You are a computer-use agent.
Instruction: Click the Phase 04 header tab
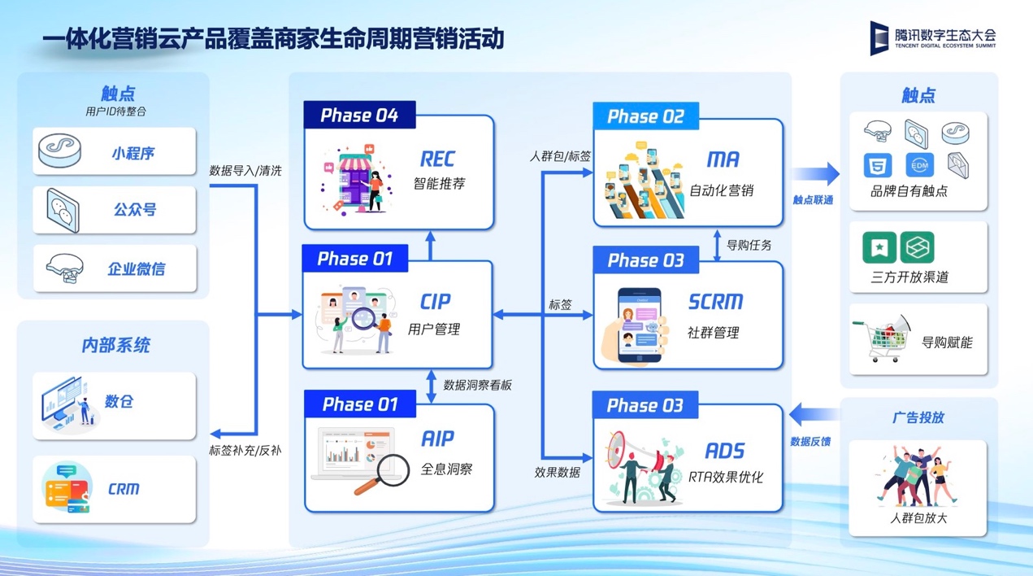point(359,115)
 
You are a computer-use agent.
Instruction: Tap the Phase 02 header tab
point(645,116)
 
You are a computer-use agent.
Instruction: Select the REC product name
point(437,159)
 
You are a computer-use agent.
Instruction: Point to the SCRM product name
point(716,302)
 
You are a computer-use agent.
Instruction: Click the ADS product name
point(724,451)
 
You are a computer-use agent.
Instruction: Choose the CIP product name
point(435,302)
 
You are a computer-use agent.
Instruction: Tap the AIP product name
point(437,438)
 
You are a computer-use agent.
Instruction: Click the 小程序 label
point(133,153)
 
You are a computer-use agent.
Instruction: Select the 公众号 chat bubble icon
point(63,210)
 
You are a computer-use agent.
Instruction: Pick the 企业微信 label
point(137,269)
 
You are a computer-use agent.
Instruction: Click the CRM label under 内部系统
point(124,489)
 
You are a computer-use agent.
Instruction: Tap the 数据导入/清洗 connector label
point(245,171)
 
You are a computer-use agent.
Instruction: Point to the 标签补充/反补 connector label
point(245,451)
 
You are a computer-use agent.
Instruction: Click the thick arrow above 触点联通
point(816,174)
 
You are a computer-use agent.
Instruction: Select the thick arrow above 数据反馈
point(814,414)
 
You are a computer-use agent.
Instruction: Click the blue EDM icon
point(919,165)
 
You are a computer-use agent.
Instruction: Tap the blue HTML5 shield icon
point(878,166)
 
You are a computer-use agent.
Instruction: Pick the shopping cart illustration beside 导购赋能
point(881,338)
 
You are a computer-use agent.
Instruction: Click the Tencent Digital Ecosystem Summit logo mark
point(879,38)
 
